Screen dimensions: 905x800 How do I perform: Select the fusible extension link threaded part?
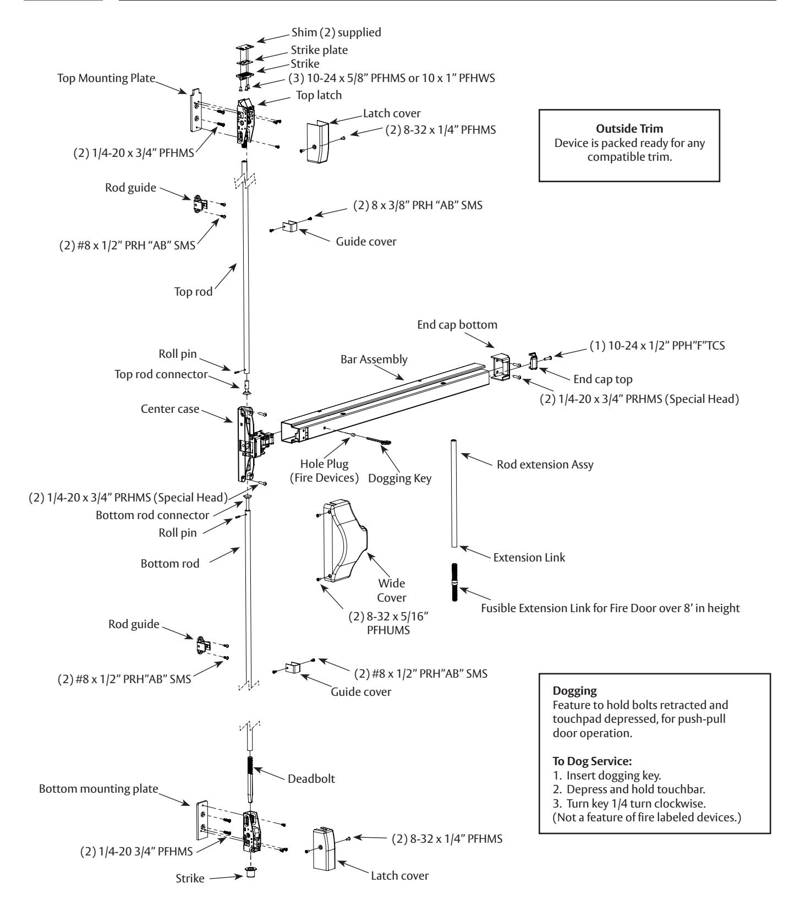455,581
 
